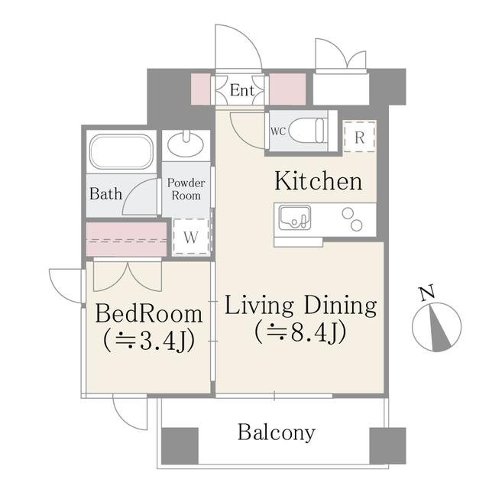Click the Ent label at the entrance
coord(242,90)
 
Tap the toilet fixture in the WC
coord(307,131)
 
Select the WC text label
coord(278,131)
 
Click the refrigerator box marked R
coord(360,137)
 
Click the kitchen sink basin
coord(295,217)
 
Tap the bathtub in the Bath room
coord(121,152)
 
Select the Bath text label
coord(105,193)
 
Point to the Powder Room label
coord(186,189)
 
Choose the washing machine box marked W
coord(191,237)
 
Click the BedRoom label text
coord(149,314)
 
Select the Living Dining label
coord(300,306)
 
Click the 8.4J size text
coord(300,332)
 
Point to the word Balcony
coord(277,433)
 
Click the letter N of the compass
coord(427,293)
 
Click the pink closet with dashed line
coord(126,239)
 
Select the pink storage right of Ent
coord(287,89)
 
